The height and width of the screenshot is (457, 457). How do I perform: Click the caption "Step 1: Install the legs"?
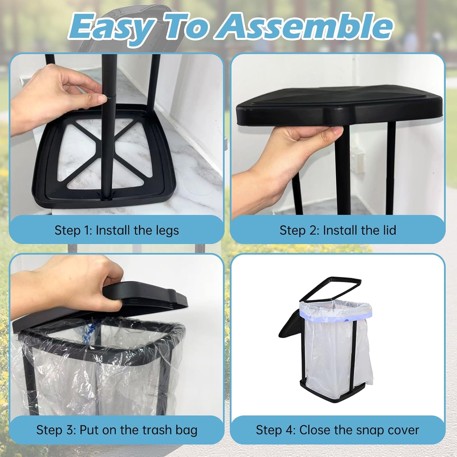click(117, 230)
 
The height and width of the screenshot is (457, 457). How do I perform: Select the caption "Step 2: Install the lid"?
click(338, 230)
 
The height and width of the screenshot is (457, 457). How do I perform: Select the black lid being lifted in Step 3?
click(122, 308)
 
